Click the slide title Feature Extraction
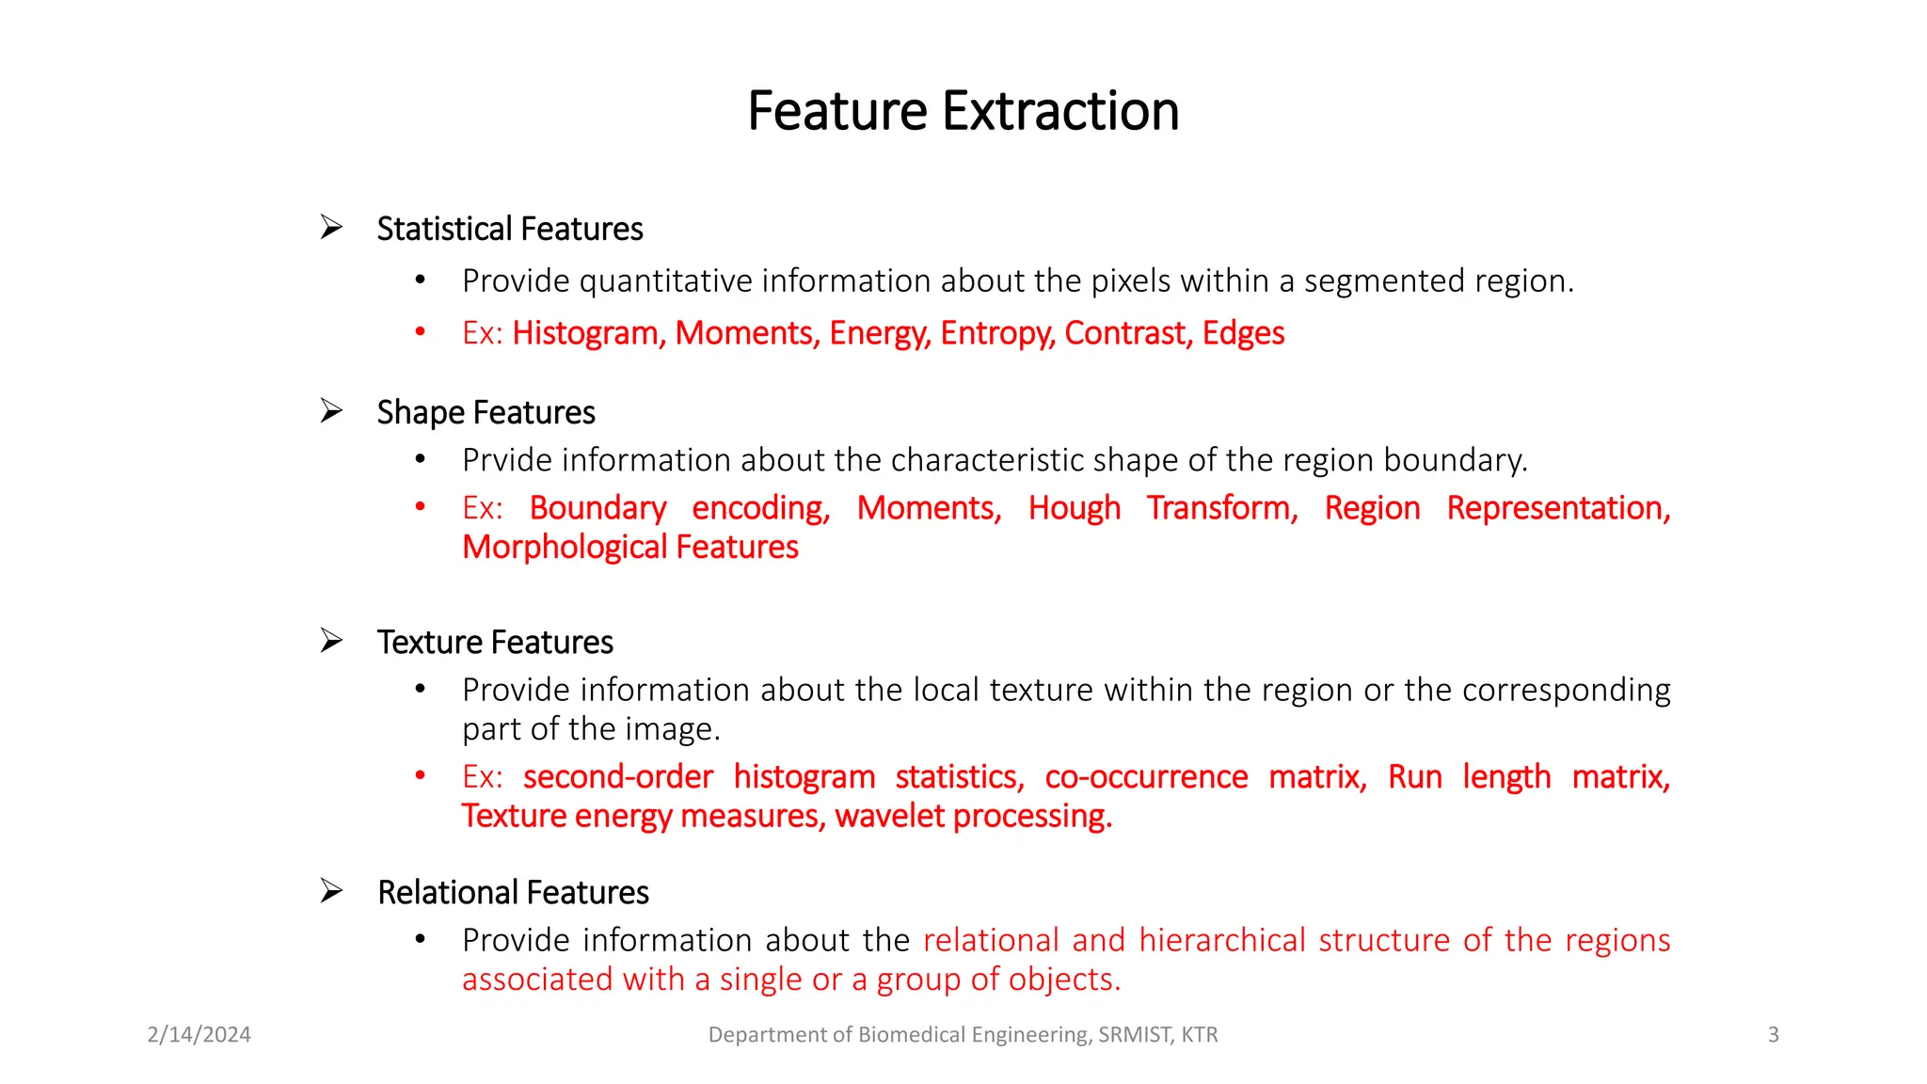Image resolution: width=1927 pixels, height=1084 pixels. coord(963,111)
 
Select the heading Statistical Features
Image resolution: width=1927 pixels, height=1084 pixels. coord(509,229)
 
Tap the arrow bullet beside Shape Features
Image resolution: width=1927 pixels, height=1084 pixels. coord(331,411)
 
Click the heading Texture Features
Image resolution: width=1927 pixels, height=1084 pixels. coord(495,642)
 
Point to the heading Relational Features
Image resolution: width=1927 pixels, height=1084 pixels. coord(513,892)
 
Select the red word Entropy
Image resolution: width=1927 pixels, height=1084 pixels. coord(997,333)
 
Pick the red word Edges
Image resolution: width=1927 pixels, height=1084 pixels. coord(1243,333)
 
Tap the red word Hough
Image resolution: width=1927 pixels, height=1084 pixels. coord(1074,508)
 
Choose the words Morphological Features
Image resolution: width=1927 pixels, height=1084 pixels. coord(629,548)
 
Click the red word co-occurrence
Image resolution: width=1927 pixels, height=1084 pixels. coord(1146,777)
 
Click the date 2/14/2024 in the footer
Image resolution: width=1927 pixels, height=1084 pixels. coord(199,1034)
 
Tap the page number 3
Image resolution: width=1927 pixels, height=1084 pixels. coord(1773,1034)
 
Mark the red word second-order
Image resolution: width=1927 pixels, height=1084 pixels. coord(618,777)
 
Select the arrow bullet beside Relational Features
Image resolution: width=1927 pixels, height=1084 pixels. coord(331,891)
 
